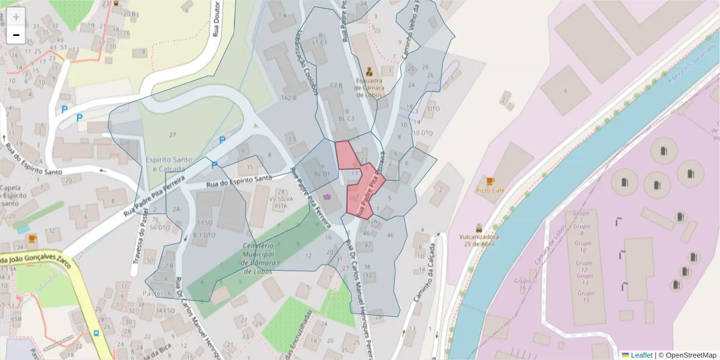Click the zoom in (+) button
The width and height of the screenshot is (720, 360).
pyautogui.click(x=16, y=17)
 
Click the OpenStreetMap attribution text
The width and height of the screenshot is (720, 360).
pyautogui.click(x=687, y=355)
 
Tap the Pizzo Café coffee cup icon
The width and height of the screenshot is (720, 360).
pyautogui.click(x=490, y=181)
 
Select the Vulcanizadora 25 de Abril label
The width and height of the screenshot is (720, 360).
pyautogui.click(x=479, y=240)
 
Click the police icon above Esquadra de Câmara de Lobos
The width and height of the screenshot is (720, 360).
pyautogui.click(x=369, y=71)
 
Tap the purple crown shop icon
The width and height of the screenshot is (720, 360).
pyautogui.click(x=327, y=196)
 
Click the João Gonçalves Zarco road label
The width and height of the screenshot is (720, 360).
pyautogui.click(x=36, y=262)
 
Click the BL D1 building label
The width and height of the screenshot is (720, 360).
pyautogui.click(x=322, y=174)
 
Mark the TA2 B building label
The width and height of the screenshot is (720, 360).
pyautogui.click(x=289, y=98)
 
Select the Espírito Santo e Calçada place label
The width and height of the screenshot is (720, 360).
pyautogui.click(x=169, y=165)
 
